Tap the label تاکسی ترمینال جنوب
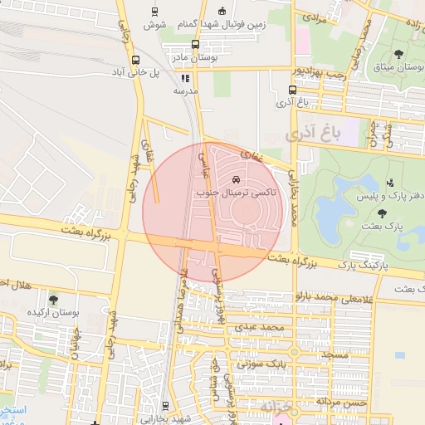pos(237,193)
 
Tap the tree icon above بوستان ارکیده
pos(54,300)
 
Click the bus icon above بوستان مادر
pos(195,45)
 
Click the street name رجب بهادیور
pos(315,74)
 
